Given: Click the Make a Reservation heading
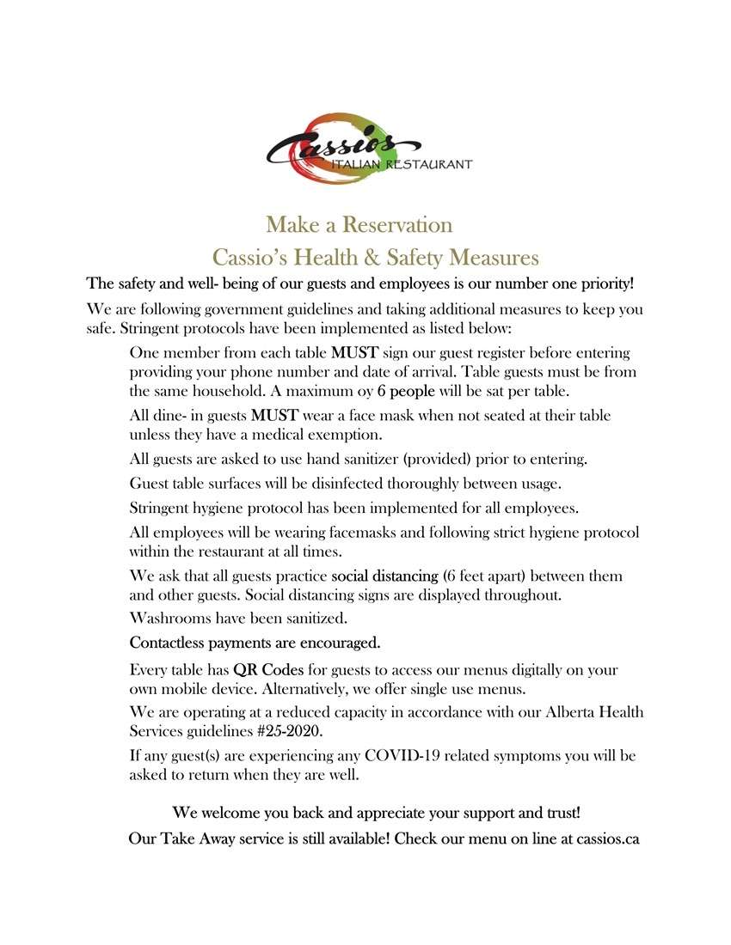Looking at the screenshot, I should coord(359,225).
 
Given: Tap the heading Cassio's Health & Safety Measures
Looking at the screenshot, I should coord(376,257).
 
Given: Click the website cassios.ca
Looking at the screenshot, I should coord(607,838).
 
